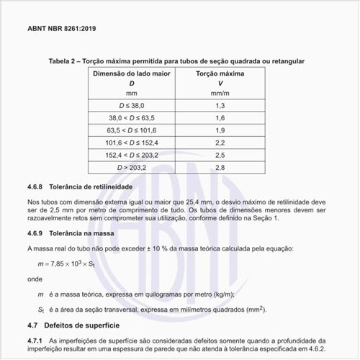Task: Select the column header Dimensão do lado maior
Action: coord(131,74)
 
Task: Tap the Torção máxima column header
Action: coord(220,74)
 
